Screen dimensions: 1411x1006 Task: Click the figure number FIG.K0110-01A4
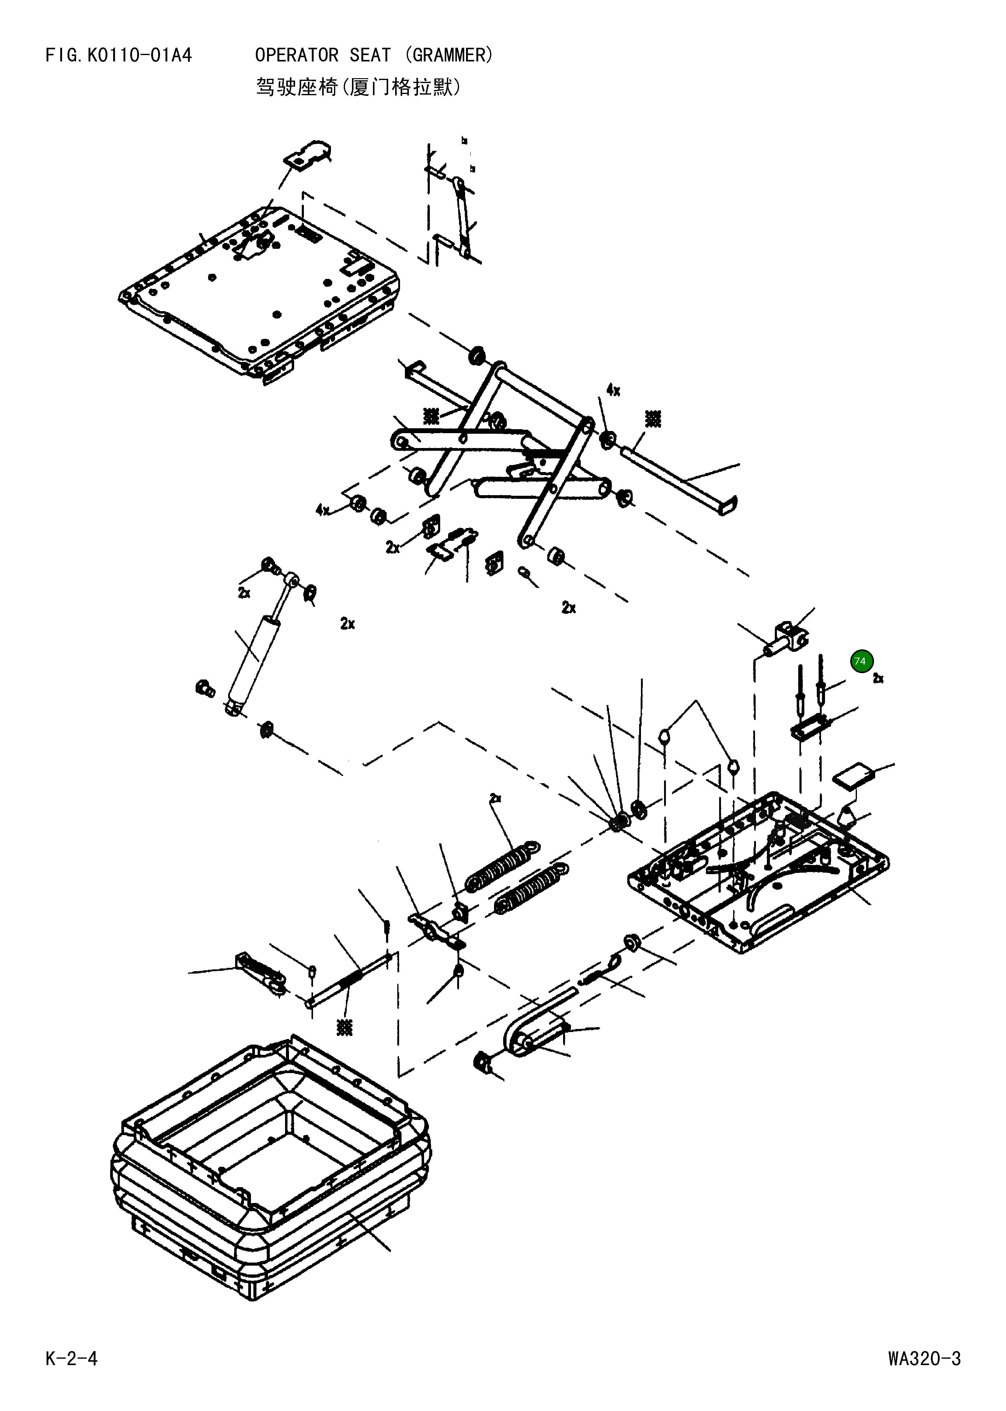[118, 56]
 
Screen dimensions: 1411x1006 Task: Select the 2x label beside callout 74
[878, 679]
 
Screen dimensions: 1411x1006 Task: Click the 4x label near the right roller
[613, 390]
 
